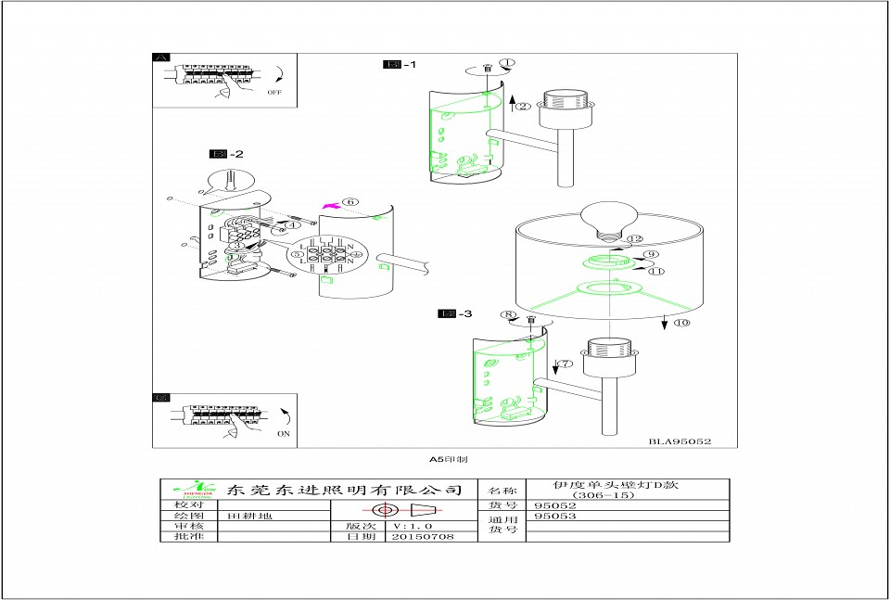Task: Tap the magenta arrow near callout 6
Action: [328, 204]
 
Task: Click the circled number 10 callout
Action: [681, 324]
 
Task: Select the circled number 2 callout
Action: [524, 107]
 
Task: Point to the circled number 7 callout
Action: [565, 364]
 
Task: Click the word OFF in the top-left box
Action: [274, 93]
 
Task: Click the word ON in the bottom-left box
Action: [284, 433]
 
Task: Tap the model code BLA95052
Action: [680, 442]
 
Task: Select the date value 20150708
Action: [423, 537]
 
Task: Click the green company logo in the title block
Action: [192, 490]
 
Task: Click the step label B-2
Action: [227, 154]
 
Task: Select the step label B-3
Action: [455, 313]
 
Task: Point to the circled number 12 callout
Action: [634, 239]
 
